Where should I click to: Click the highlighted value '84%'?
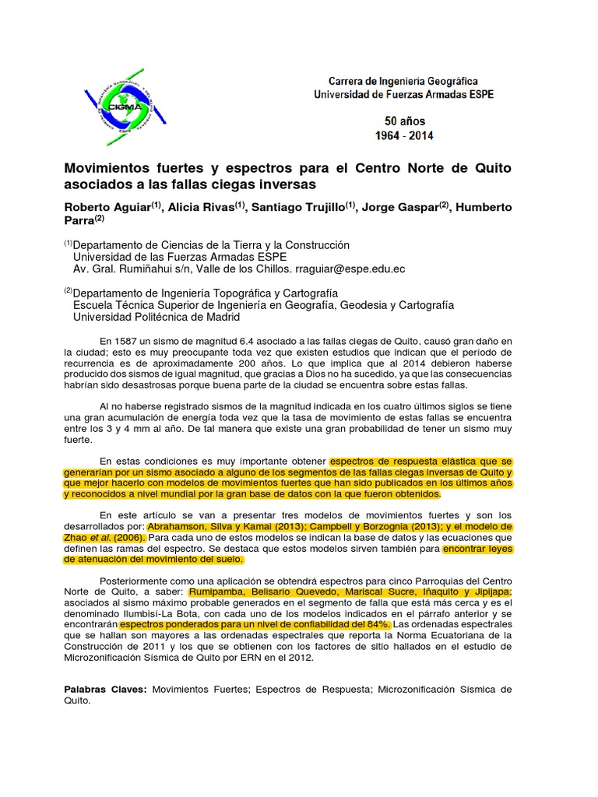coord(376,625)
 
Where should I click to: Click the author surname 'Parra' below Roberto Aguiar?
coord(78,221)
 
